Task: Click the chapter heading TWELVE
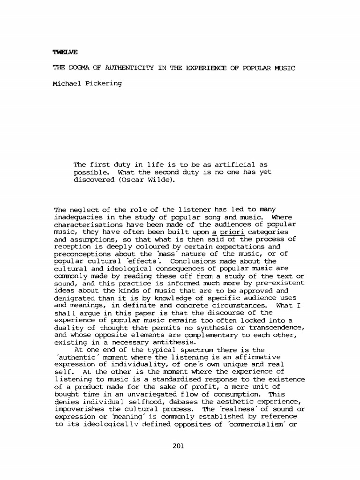[x=65, y=52]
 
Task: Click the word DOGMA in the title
[x=83, y=68]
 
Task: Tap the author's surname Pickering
[x=103, y=83]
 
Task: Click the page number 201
[x=178, y=446]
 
